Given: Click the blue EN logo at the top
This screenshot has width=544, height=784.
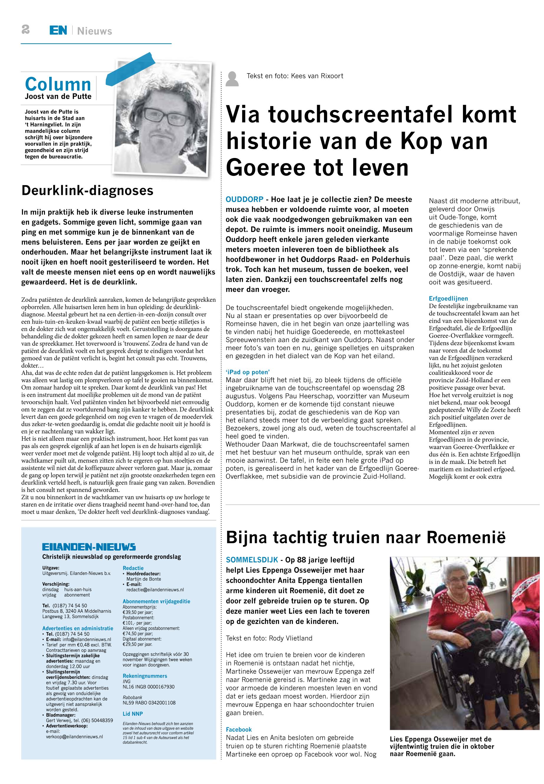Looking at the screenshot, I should click(58, 30).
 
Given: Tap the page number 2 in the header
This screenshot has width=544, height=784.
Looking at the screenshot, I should click(26, 30).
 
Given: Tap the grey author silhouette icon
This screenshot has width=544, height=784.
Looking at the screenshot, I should click(232, 79).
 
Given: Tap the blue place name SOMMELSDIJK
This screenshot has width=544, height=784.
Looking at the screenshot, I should click(252, 560).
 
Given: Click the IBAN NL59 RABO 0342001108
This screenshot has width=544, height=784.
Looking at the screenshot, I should click(149, 703).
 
